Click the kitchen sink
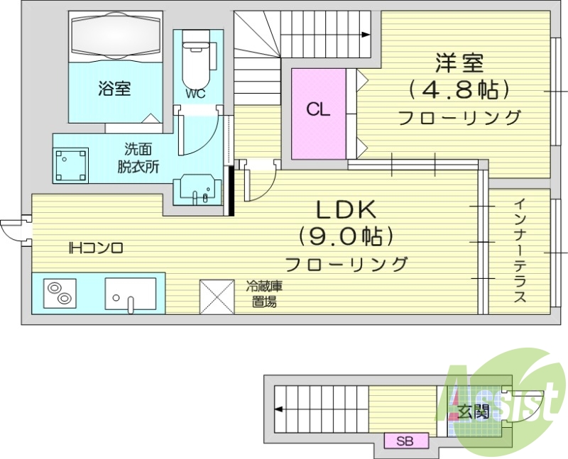(131, 294)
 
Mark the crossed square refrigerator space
(216, 297)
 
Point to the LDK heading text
(346, 209)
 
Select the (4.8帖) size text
(459, 90)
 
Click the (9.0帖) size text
(346, 236)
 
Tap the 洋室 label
(459, 63)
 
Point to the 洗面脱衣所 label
(138, 158)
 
